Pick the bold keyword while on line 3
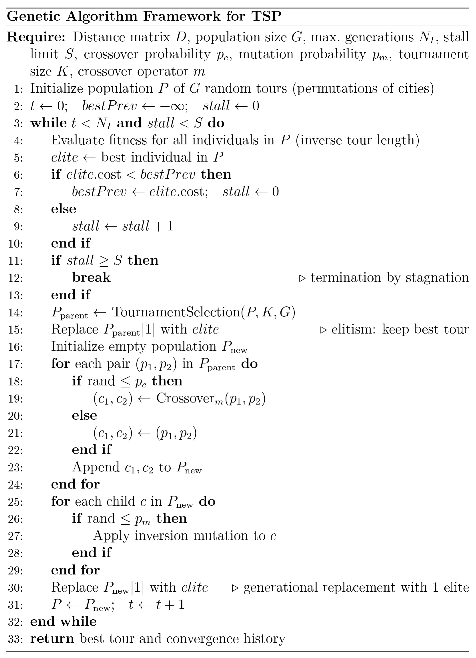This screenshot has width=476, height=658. pos(48,123)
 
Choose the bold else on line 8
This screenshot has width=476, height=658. pos(64,209)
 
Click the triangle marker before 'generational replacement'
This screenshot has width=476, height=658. pos(235,588)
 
